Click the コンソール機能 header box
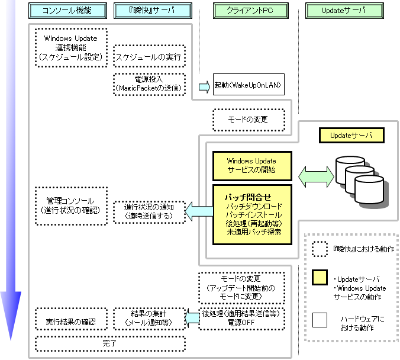[x=67, y=11]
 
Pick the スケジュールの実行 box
[x=149, y=57]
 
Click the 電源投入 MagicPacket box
[x=149, y=83]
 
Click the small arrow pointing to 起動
[x=204, y=86]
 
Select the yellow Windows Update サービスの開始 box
[x=251, y=165]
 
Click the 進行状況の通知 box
[x=149, y=211]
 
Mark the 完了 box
[x=109, y=343]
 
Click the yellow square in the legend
[x=320, y=277]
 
